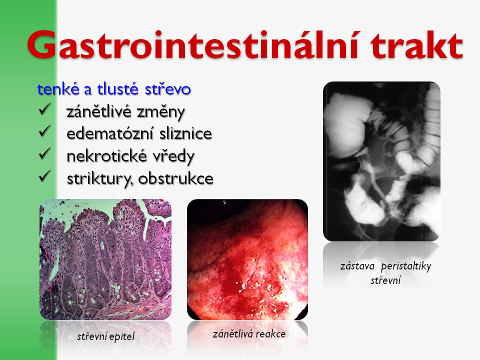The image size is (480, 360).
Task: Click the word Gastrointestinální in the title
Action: coord(192,44)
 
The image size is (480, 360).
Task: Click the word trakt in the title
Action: coord(416,45)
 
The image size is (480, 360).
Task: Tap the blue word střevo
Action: coord(168,89)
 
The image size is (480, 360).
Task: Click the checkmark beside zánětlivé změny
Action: coord(45,109)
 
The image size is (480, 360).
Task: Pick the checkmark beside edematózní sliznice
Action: coord(45,131)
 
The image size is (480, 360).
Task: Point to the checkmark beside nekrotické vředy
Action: coord(45,153)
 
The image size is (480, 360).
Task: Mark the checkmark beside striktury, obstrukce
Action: coord(45,176)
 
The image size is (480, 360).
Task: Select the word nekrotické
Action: coord(106,156)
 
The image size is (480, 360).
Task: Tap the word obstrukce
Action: coord(175,179)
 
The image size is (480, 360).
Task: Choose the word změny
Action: coord(161,112)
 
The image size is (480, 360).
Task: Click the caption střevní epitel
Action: coord(105,336)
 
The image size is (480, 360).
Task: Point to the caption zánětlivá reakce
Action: coord(249,333)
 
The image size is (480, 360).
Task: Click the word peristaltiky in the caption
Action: coord(406,266)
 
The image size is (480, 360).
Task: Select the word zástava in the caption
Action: coord(357,266)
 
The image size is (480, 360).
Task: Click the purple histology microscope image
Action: coord(105,259)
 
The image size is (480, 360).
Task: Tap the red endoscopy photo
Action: coord(247,259)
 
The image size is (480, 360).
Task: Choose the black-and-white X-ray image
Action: coord(381,161)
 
